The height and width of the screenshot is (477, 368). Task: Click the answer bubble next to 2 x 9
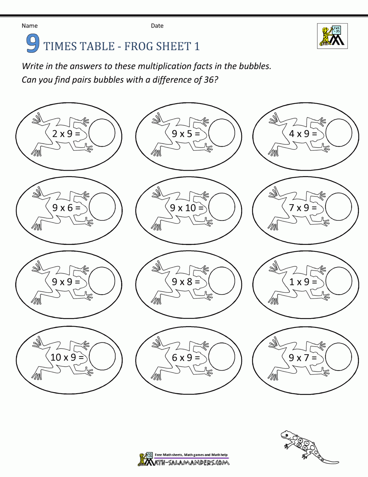tap(102, 133)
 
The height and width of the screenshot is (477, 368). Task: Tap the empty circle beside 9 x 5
tap(222, 133)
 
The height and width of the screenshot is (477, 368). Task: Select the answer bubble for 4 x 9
tap(339, 133)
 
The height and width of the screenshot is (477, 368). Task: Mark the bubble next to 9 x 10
tap(222, 207)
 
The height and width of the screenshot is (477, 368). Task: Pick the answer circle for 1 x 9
tap(339, 281)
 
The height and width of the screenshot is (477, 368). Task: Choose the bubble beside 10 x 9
tap(102, 356)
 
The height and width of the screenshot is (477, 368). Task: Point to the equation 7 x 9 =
tap(303, 208)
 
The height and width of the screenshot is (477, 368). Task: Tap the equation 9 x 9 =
tap(66, 282)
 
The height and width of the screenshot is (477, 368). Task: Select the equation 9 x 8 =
tap(186, 282)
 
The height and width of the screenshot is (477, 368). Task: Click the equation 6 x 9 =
tap(186, 358)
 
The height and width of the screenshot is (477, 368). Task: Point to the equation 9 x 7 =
tap(303, 358)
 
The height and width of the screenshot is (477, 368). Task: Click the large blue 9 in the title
tap(33, 44)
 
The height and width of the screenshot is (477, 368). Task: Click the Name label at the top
tap(29, 26)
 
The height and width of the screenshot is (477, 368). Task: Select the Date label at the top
tap(157, 26)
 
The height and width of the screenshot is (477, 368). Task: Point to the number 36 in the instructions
tap(208, 80)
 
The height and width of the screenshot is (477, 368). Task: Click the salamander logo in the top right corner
tap(332, 36)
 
